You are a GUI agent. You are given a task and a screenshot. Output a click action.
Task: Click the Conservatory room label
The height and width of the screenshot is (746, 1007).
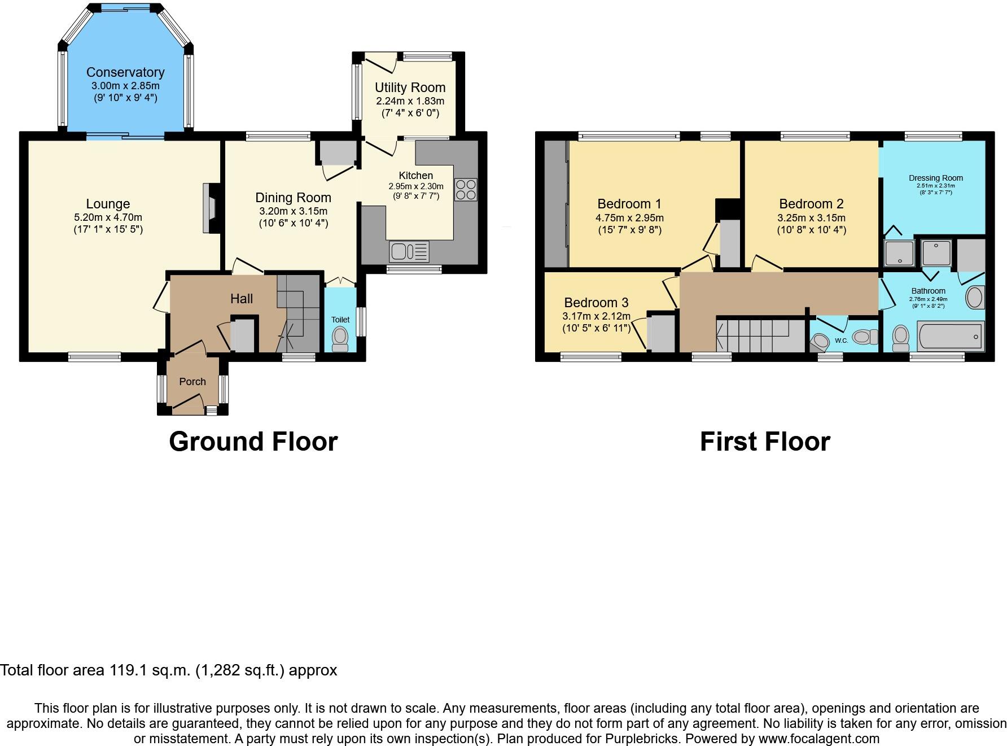click(125, 72)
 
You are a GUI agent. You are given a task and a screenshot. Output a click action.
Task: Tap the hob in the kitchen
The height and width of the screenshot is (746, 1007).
click(466, 190)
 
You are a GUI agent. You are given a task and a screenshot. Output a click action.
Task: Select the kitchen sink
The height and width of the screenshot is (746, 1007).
click(409, 251)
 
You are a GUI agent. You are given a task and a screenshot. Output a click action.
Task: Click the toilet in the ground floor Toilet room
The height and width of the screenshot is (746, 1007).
click(340, 339)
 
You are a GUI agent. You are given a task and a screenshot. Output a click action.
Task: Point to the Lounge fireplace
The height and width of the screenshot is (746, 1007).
click(209, 208)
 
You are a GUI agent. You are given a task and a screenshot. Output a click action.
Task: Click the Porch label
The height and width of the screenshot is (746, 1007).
click(192, 382)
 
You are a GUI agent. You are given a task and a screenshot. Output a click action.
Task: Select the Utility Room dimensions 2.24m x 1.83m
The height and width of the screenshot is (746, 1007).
click(410, 101)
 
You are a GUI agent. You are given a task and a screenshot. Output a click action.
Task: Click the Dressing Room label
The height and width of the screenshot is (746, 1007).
click(936, 178)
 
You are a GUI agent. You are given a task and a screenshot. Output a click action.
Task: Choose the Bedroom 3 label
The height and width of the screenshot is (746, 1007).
click(596, 303)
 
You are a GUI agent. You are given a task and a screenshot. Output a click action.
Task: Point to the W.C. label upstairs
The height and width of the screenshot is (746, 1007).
click(841, 341)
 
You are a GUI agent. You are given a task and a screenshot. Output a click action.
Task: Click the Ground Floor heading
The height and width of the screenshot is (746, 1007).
click(253, 442)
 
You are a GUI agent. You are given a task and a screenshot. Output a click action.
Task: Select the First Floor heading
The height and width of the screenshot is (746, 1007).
click(765, 442)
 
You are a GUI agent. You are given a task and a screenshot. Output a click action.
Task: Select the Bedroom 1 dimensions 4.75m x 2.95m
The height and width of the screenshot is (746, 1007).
click(629, 217)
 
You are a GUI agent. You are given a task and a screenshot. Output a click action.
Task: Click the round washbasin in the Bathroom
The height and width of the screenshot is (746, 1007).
click(975, 297)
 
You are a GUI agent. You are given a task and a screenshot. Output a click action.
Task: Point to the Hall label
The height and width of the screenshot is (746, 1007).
click(242, 299)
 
